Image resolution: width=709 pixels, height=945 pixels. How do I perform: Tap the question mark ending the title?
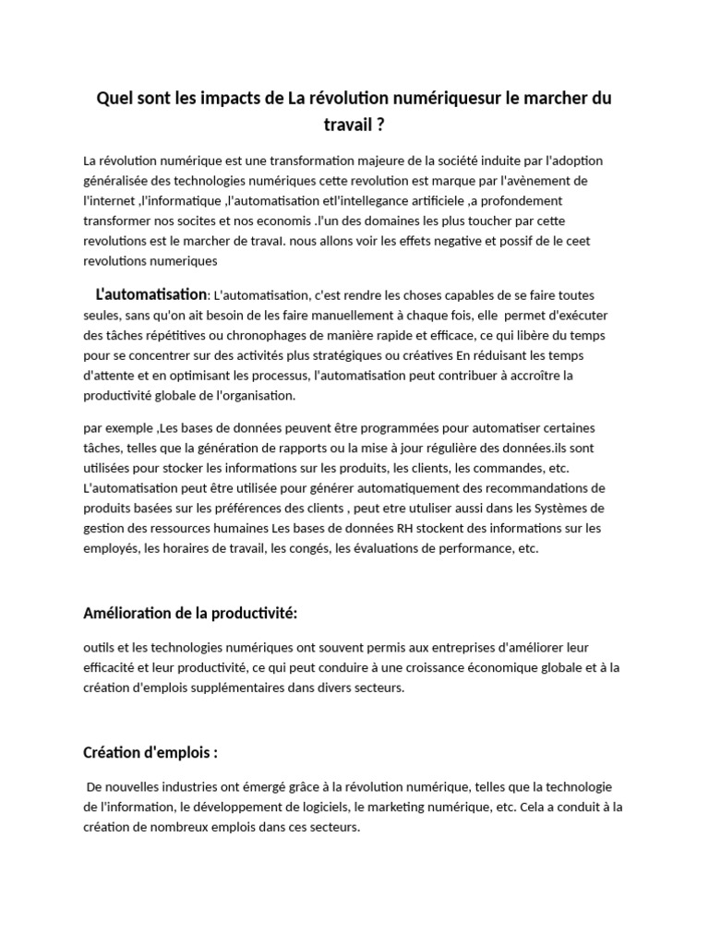pyautogui.click(x=380, y=123)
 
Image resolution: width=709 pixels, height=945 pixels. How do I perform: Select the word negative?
pyautogui.click(x=487, y=240)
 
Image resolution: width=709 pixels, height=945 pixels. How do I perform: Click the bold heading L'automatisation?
pyautogui.click(x=151, y=294)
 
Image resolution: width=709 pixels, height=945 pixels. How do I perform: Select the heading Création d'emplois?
pyautogui.click(x=150, y=752)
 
